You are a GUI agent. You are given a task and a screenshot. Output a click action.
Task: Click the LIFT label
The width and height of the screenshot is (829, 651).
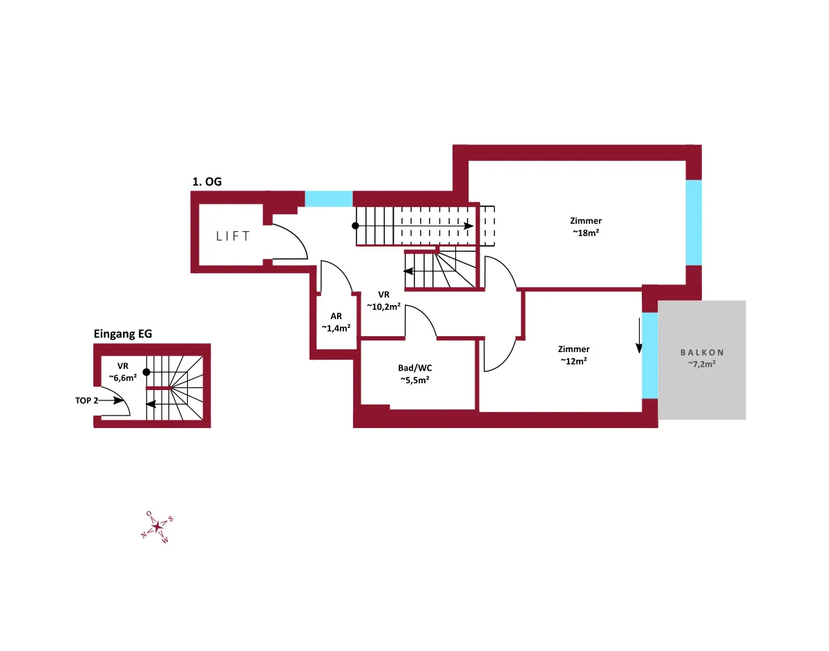click(x=233, y=236)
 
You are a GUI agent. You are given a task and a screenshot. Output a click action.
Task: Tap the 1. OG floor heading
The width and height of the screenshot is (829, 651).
click(x=207, y=182)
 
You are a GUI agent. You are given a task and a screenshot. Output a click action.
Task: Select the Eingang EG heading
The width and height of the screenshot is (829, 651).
click(x=123, y=334)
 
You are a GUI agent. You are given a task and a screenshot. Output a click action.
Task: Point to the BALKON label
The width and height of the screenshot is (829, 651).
click(x=702, y=353)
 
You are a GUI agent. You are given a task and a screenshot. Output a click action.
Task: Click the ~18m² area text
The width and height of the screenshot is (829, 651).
click(x=586, y=233)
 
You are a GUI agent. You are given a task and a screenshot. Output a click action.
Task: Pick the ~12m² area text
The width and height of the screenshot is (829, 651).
click(x=573, y=361)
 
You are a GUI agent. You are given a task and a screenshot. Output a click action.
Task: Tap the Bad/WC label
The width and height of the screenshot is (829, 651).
click(x=414, y=368)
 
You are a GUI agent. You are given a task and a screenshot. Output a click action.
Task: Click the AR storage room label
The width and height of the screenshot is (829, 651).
click(x=336, y=316)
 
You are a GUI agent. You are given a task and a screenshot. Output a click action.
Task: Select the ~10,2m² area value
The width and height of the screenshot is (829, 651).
click(x=384, y=307)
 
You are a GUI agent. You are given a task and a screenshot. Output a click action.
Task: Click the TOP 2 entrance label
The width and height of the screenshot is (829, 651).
click(x=86, y=400)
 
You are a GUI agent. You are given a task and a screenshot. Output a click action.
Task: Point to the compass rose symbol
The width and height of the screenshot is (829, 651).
click(x=157, y=527)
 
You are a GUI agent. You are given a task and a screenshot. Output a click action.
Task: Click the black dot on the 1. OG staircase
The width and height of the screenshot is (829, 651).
click(x=355, y=226)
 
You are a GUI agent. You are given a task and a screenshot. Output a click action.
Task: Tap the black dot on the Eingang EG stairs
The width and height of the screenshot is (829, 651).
click(x=146, y=372)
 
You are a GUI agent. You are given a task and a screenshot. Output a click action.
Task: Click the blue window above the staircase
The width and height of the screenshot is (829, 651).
click(x=328, y=199)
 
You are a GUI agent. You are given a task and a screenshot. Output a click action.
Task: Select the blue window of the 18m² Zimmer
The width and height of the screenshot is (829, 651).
click(x=694, y=222)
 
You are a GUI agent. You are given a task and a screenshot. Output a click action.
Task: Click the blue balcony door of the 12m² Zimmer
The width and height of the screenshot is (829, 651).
click(x=649, y=356)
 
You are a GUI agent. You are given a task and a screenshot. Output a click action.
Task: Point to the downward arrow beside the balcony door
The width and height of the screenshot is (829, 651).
click(x=638, y=336)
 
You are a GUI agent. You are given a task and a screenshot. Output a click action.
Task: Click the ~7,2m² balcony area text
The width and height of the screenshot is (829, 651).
click(x=702, y=364)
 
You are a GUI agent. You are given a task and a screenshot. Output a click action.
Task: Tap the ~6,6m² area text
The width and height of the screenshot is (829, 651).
click(x=123, y=378)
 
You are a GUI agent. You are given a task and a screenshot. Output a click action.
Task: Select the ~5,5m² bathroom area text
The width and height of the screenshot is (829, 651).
click(x=414, y=380)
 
